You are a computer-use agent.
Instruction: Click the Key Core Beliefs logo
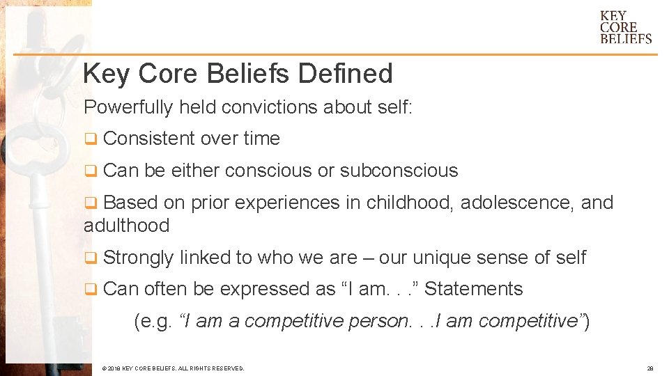tap(625, 26)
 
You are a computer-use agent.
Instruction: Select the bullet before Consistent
tap(89, 139)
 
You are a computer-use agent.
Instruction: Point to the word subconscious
tap(399, 171)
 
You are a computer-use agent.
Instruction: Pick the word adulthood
tap(126, 226)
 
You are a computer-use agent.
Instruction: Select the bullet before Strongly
tap(89, 258)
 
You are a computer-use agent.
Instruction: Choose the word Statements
tap(473, 289)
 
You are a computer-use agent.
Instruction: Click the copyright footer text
tap(173, 368)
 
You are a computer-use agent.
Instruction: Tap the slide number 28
tap(649, 368)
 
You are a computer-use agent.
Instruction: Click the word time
tap(261, 139)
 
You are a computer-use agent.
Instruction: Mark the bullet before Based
tap(89, 203)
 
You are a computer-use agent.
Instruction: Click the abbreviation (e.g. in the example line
tap(153, 321)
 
